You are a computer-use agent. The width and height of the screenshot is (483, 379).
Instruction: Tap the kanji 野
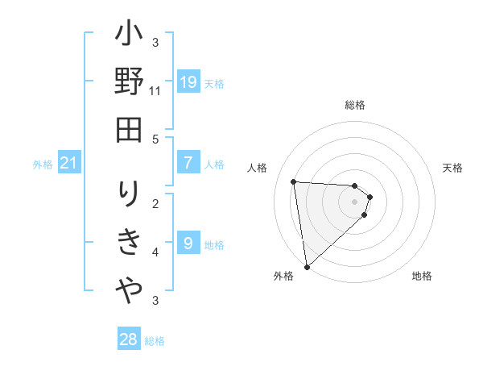129,83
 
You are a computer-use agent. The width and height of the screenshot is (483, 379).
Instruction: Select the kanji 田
129,128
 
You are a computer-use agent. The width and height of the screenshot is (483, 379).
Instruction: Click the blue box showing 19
188,82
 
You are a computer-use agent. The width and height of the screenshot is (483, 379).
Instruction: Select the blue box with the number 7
188,163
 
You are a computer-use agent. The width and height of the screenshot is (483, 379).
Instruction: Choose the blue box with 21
69,164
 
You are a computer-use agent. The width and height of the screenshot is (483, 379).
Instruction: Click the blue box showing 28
129,339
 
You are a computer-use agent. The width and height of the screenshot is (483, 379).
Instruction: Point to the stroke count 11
155,91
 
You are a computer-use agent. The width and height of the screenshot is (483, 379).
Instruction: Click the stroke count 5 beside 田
155,139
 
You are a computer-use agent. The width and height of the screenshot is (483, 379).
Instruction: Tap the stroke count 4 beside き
155,252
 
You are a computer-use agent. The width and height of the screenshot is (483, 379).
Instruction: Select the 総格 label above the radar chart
355,105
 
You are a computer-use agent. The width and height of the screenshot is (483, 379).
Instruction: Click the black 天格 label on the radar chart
453,168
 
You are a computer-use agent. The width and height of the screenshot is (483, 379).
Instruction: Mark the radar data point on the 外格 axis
307,266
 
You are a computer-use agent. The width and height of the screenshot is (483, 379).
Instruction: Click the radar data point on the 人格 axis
294,181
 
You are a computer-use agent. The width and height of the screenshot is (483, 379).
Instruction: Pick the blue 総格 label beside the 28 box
155,341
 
